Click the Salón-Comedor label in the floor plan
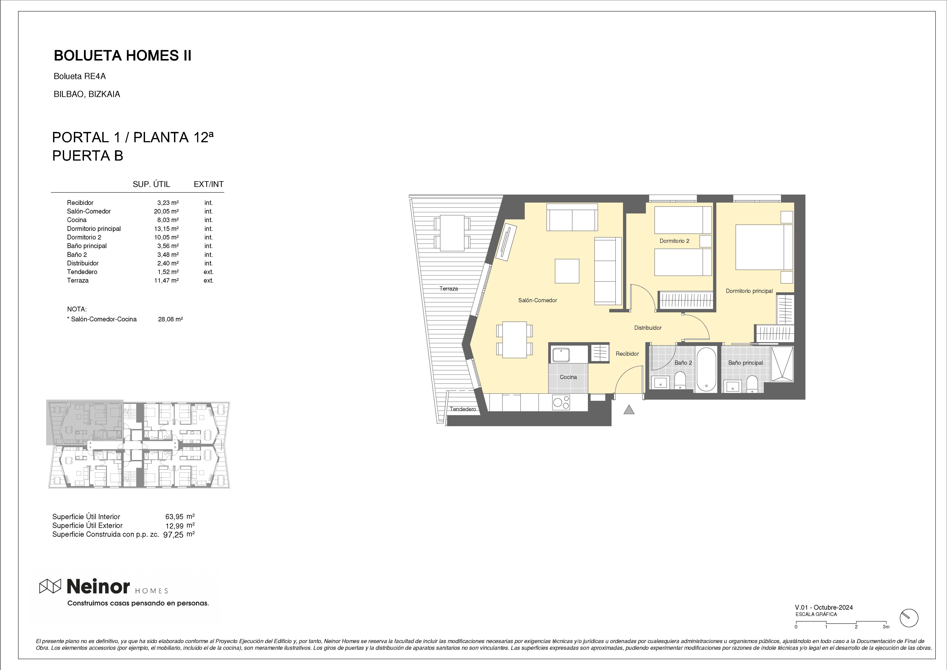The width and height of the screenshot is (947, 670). click(x=538, y=300)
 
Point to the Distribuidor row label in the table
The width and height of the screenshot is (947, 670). click(x=83, y=263)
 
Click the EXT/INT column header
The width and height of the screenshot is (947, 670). click(x=209, y=184)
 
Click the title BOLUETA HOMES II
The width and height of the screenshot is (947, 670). click(x=123, y=56)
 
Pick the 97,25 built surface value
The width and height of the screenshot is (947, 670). click(x=174, y=534)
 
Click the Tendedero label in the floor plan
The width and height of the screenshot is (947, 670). click(x=463, y=409)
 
